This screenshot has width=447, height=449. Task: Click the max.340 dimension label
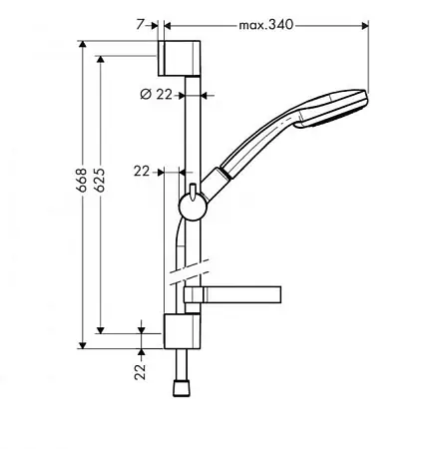[x=266, y=25]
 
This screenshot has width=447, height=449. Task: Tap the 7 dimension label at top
[x=141, y=24]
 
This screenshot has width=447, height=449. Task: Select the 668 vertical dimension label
[x=82, y=180]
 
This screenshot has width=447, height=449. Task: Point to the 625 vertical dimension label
[x=100, y=180]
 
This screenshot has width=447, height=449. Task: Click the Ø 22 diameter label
[x=156, y=95]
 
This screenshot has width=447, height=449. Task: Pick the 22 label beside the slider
[x=142, y=172]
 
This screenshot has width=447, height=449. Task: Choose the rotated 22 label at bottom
[x=141, y=372]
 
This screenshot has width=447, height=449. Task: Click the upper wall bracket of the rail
[x=179, y=58]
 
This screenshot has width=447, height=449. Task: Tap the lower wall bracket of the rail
[x=183, y=331]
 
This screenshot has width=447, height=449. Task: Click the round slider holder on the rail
[x=193, y=207]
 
